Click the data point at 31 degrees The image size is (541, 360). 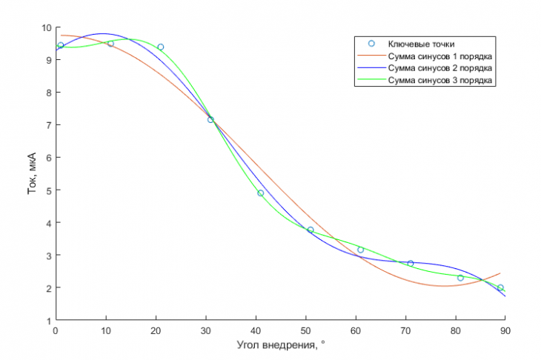coord(210,120)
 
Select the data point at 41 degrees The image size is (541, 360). coord(260,193)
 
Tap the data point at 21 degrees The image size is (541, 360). coord(160,47)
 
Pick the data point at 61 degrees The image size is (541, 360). coord(361,250)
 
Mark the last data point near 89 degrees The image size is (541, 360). coord(500,287)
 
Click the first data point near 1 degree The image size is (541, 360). coord(61,45)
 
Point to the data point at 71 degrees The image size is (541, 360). coord(411,263)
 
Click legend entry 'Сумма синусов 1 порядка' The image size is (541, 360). coord(440,56)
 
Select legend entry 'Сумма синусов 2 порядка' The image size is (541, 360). coord(440,68)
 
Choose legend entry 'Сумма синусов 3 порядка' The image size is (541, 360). coord(440,80)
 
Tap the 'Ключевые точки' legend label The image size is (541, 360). coord(421,44)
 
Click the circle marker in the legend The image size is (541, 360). coord(371,44)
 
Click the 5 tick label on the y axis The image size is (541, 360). coord(49,190)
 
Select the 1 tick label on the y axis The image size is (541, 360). coord(49,321)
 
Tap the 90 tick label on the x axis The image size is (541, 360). coord(505,331)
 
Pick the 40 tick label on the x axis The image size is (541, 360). coord(256,331)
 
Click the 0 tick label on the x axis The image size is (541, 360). coord(56,331)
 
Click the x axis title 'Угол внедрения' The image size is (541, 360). coord(276,345)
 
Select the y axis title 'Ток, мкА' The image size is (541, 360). coord(32,173)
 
